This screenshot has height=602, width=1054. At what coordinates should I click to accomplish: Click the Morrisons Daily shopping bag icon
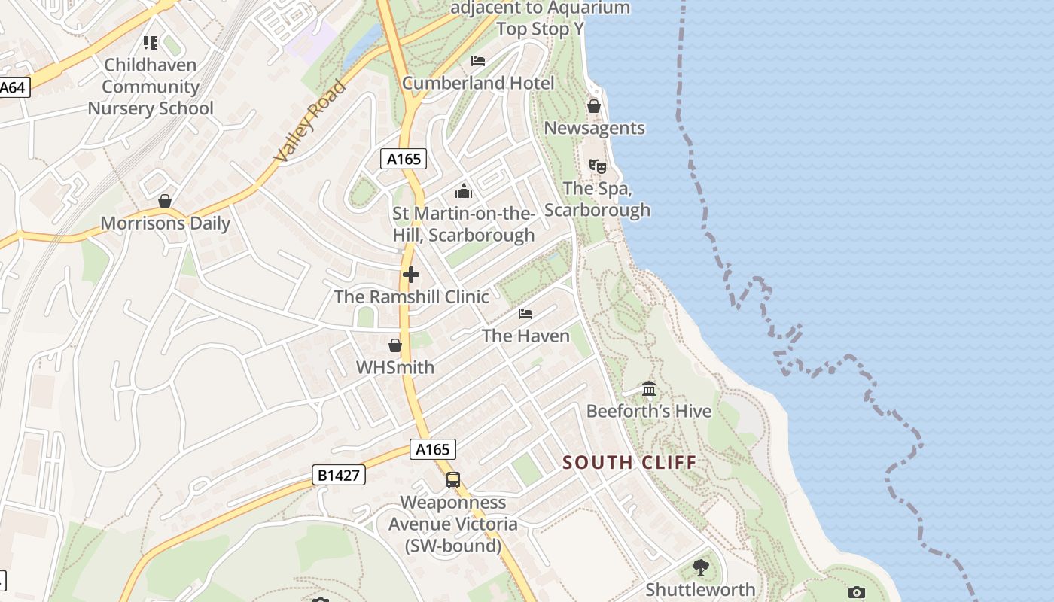click(x=165, y=201)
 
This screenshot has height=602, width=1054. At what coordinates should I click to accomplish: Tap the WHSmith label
click(x=395, y=367)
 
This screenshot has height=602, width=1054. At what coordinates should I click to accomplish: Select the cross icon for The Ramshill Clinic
click(x=411, y=275)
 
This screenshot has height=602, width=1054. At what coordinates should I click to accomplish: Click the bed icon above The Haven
click(x=525, y=313)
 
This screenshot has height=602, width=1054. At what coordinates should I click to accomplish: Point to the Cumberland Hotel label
click(x=478, y=83)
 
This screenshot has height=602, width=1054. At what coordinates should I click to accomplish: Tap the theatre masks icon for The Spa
click(x=597, y=165)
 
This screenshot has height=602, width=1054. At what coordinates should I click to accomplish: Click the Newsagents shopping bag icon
click(x=594, y=106)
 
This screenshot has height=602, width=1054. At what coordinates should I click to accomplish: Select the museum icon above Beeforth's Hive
click(x=649, y=389)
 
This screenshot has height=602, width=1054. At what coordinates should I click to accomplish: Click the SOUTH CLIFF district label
click(x=629, y=462)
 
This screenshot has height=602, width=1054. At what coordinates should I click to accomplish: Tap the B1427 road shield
click(x=339, y=475)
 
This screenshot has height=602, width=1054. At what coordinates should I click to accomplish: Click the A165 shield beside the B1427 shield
click(x=433, y=449)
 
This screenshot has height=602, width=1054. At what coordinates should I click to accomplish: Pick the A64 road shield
click(x=13, y=87)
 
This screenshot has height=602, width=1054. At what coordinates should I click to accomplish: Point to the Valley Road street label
click(x=309, y=121)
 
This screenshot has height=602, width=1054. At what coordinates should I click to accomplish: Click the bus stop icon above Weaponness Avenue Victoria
click(x=453, y=479)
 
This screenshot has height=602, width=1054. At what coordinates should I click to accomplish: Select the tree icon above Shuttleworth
click(x=701, y=567)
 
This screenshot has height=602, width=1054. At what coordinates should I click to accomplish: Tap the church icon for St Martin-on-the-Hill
click(x=463, y=191)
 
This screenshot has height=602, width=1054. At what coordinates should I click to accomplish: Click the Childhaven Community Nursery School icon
click(x=151, y=43)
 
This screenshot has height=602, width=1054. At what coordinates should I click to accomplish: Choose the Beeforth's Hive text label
click(x=649, y=411)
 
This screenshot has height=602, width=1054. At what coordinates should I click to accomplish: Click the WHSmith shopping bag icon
click(x=395, y=345)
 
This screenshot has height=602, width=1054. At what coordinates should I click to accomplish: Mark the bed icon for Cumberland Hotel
click(x=478, y=60)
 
